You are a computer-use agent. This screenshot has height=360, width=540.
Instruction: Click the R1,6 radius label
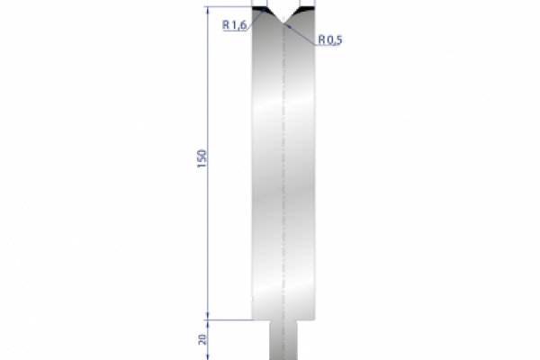click(233, 25)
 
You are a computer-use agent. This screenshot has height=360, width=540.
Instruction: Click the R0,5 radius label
click(329, 39)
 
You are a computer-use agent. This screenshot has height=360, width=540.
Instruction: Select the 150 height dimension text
click(202, 158)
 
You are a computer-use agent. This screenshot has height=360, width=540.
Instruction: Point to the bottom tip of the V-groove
click(283, 22)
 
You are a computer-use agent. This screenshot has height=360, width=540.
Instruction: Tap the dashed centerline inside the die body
click(283, 180)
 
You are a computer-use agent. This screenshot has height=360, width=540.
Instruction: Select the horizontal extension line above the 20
click(229, 319)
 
